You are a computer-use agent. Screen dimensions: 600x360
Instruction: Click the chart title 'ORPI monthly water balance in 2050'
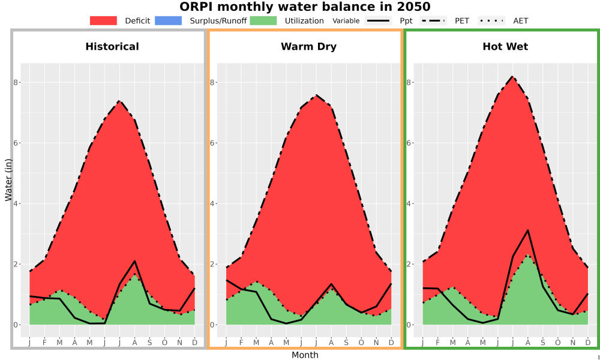click(305, 7)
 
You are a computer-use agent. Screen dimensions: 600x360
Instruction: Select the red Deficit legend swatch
click(103, 20)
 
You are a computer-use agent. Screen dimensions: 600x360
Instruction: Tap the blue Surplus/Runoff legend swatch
click(169, 20)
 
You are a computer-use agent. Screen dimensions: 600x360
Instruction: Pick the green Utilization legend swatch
click(263, 20)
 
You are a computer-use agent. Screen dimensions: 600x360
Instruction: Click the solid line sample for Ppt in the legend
click(377, 20)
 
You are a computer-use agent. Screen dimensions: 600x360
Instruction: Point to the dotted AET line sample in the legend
click(491, 20)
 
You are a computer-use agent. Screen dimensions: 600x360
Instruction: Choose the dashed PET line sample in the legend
click(433, 20)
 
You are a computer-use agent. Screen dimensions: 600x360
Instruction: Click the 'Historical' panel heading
click(112, 47)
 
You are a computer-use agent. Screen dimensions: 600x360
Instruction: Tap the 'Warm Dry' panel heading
click(308, 47)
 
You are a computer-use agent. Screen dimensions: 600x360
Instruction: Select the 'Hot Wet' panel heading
click(505, 47)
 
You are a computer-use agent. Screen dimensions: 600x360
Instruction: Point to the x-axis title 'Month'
click(305, 355)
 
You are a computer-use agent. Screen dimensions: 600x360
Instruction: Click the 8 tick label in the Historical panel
click(16, 83)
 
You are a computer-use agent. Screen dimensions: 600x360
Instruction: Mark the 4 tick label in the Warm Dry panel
click(213, 203)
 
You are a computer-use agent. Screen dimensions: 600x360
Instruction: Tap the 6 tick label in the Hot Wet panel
click(409, 143)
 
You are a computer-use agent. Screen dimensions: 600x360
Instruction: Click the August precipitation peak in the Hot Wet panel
click(527, 230)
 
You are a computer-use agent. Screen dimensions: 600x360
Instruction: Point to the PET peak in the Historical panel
click(119, 101)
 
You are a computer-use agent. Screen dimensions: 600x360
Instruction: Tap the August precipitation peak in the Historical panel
click(134, 261)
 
